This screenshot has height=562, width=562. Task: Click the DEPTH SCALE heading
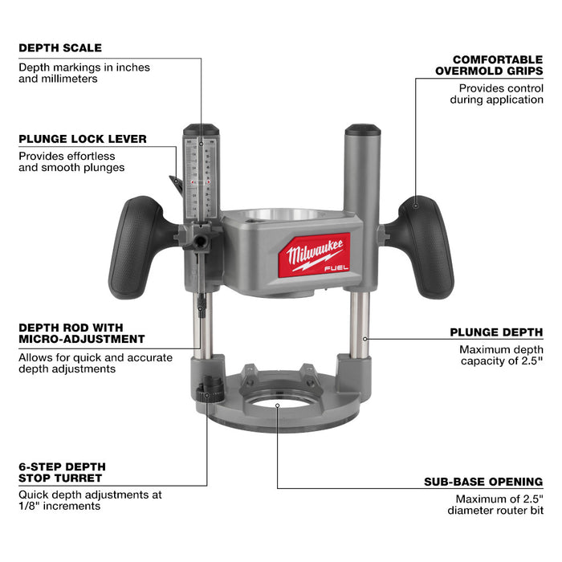60,48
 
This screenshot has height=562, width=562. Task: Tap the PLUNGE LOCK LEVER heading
83,139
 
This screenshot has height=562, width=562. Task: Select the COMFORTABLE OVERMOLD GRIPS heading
498,66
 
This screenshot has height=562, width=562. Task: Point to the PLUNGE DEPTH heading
496,332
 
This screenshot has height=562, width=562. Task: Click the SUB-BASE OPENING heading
483,482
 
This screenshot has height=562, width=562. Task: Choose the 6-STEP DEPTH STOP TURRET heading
63,473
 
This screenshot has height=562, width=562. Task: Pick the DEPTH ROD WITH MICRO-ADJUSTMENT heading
82,333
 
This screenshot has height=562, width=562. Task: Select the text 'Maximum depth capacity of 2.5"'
501,356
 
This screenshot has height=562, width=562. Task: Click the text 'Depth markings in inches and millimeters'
84,74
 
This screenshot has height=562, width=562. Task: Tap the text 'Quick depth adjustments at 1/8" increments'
90,501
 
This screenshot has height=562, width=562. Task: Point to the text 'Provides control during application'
501,93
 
